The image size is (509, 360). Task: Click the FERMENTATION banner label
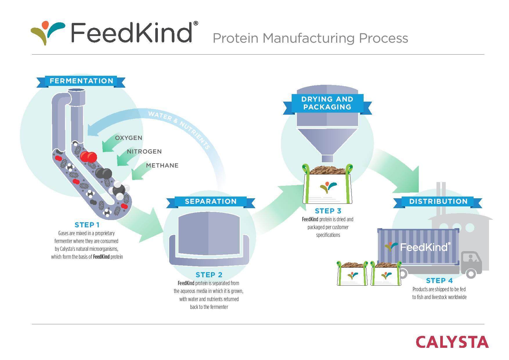pos(81,81)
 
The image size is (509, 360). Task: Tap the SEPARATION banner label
pos(211,201)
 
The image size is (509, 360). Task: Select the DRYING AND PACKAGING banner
pos(327,103)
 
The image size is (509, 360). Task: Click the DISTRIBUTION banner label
pos(438,201)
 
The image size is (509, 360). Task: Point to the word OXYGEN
pos(129,138)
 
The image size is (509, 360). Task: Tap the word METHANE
pos(162,165)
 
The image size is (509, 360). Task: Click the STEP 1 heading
pos(87,225)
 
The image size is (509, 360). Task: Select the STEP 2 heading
pos(209,275)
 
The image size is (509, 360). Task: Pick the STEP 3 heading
pos(328,211)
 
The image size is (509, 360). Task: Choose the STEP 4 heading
pos(439,281)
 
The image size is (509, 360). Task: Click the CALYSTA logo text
pos(452,342)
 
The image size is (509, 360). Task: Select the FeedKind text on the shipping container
pos(424,247)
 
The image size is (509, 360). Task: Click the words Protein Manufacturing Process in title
pos(310,38)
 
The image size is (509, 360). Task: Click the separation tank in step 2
pos(209,237)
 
